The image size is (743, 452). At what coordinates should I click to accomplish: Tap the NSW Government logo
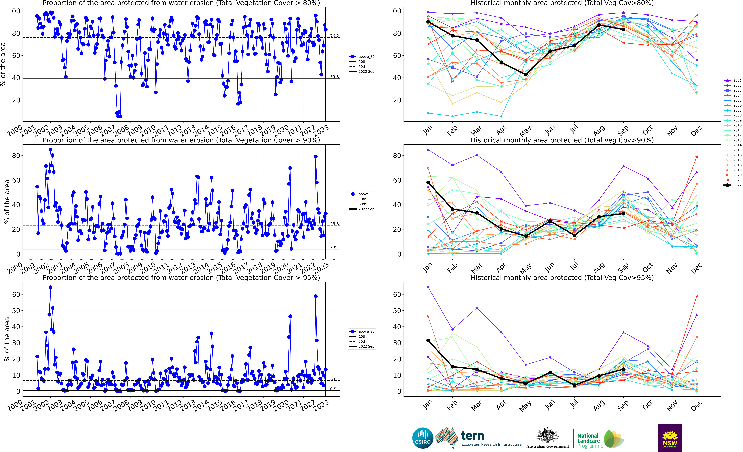pos(670,438)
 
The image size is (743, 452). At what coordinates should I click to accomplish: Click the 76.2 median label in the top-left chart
pos(334,36)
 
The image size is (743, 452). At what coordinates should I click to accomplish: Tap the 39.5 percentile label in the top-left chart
pos(334,77)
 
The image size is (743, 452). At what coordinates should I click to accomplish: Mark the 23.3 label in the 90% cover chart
pos(334,224)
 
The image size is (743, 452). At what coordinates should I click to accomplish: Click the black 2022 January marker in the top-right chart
pos(428,22)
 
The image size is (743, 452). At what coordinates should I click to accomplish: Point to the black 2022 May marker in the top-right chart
pos(526,74)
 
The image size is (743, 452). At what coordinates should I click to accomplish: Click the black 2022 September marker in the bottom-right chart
pos(623,369)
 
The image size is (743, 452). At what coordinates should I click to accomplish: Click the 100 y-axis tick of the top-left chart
pos(14,11)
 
